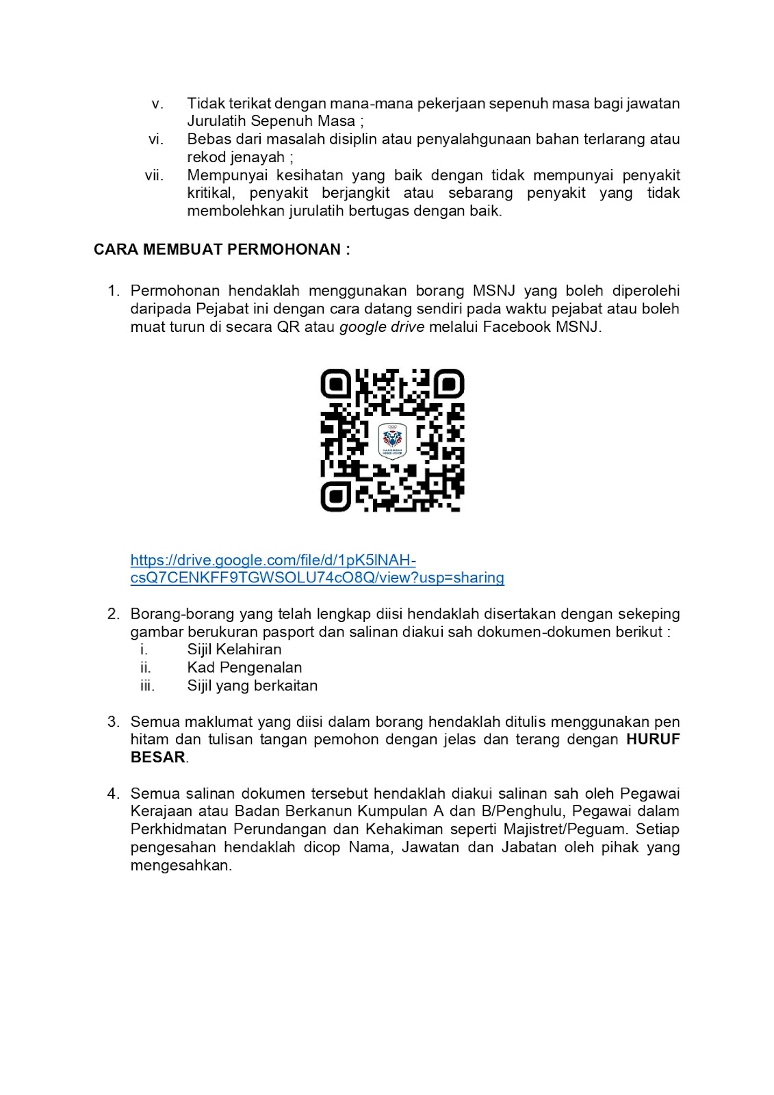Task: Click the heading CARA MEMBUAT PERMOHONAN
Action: [x=222, y=250]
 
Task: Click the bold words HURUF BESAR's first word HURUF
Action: [x=653, y=740]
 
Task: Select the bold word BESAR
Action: [x=158, y=758]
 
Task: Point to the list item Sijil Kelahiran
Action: [x=234, y=649]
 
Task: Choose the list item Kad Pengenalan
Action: [x=244, y=667]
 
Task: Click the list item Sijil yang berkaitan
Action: [x=252, y=686]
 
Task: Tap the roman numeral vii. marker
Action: [x=154, y=176]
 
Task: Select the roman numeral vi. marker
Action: [x=156, y=140]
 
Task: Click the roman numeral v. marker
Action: [x=157, y=104]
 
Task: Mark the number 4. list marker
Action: [x=114, y=794]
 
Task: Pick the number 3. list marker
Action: [x=114, y=722]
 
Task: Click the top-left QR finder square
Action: [x=335, y=384]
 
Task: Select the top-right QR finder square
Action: [x=449, y=384]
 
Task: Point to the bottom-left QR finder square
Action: [x=335, y=497]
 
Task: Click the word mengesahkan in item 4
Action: [x=181, y=866]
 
